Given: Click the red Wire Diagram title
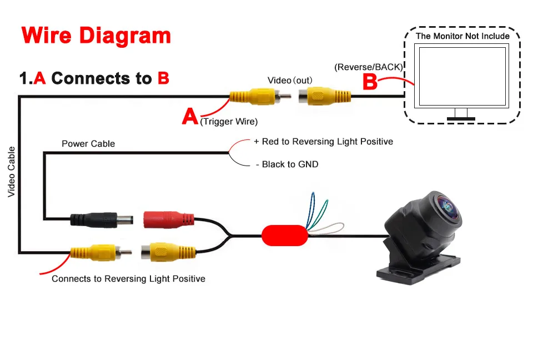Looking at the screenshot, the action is pos(96,36).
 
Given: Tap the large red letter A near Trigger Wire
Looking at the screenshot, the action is pos(190,116).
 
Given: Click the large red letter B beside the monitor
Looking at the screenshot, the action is pos(370,82).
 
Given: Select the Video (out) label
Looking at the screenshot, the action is pos(290,81).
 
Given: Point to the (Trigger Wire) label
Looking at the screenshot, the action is pos(229,122).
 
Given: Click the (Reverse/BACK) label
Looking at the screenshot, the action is pos(369,67).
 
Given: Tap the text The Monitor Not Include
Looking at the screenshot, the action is pos(462,36).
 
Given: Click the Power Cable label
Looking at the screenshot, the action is pos(88,143).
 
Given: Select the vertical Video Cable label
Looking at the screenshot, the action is pos(11,172).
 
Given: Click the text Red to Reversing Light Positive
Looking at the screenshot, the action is pos(328,142).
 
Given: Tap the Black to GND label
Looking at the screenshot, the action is pos(290,164).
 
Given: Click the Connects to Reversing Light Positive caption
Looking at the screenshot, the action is pos(128,279).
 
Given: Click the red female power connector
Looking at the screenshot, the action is pos(169,219).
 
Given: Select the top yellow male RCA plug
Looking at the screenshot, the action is pos(260,97).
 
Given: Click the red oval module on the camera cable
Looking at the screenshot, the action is pos(285,236).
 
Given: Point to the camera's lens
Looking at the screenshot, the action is pos(448,207).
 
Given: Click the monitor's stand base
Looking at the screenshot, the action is pos(461,119).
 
